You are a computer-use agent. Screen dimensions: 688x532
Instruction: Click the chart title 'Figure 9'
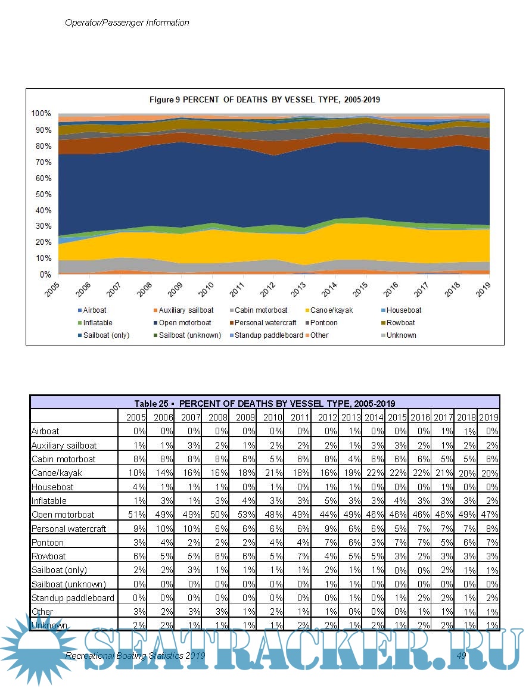coord(265,100)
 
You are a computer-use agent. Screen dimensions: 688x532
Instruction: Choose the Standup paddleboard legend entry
coord(269,335)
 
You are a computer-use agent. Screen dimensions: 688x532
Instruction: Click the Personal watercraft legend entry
coord(265,323)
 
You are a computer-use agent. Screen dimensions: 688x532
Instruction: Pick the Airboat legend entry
coord(95,310)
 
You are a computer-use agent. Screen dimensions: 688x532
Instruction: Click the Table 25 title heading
coord(265,403)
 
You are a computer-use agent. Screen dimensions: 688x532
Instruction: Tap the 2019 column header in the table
coord(489,417)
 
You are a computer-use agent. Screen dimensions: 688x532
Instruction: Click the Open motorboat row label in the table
coord(63,515)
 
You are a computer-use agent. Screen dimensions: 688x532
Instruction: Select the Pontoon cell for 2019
coord(489,543)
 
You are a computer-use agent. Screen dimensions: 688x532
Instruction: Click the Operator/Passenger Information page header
coord(127,23)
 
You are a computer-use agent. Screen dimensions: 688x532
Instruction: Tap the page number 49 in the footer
coord(461,655)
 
